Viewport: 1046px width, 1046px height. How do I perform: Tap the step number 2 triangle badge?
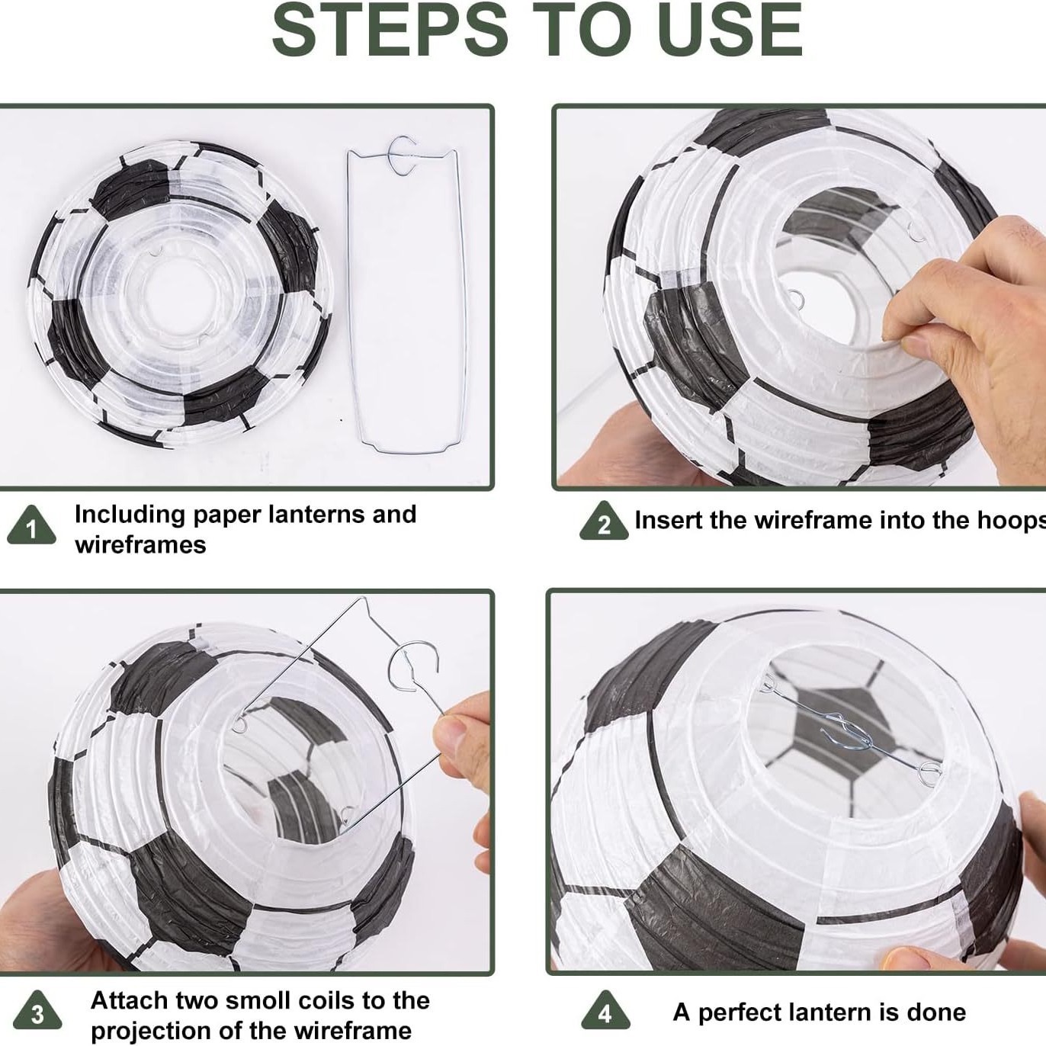[604, 521]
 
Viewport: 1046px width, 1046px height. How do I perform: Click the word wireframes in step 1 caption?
[140, 545]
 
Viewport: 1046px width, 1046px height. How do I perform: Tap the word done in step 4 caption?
[938, 1012]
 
